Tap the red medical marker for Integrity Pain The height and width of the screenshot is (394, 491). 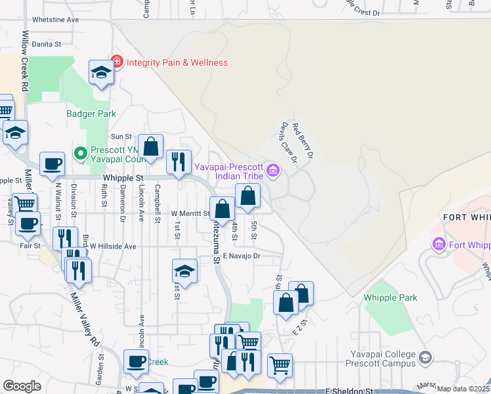point(117,62)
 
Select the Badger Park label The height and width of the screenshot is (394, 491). point(91,114)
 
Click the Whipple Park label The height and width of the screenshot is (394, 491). point(391,297)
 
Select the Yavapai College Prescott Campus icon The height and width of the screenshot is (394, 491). point(425,357)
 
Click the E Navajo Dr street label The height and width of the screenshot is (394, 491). point(242,255)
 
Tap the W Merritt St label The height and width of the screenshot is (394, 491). point(190,213)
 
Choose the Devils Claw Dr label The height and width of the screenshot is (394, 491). point(289,141)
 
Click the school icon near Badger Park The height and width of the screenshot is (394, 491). point(101,73)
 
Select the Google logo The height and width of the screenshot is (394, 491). point(22,386)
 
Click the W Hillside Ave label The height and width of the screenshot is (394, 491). point(113,246)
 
